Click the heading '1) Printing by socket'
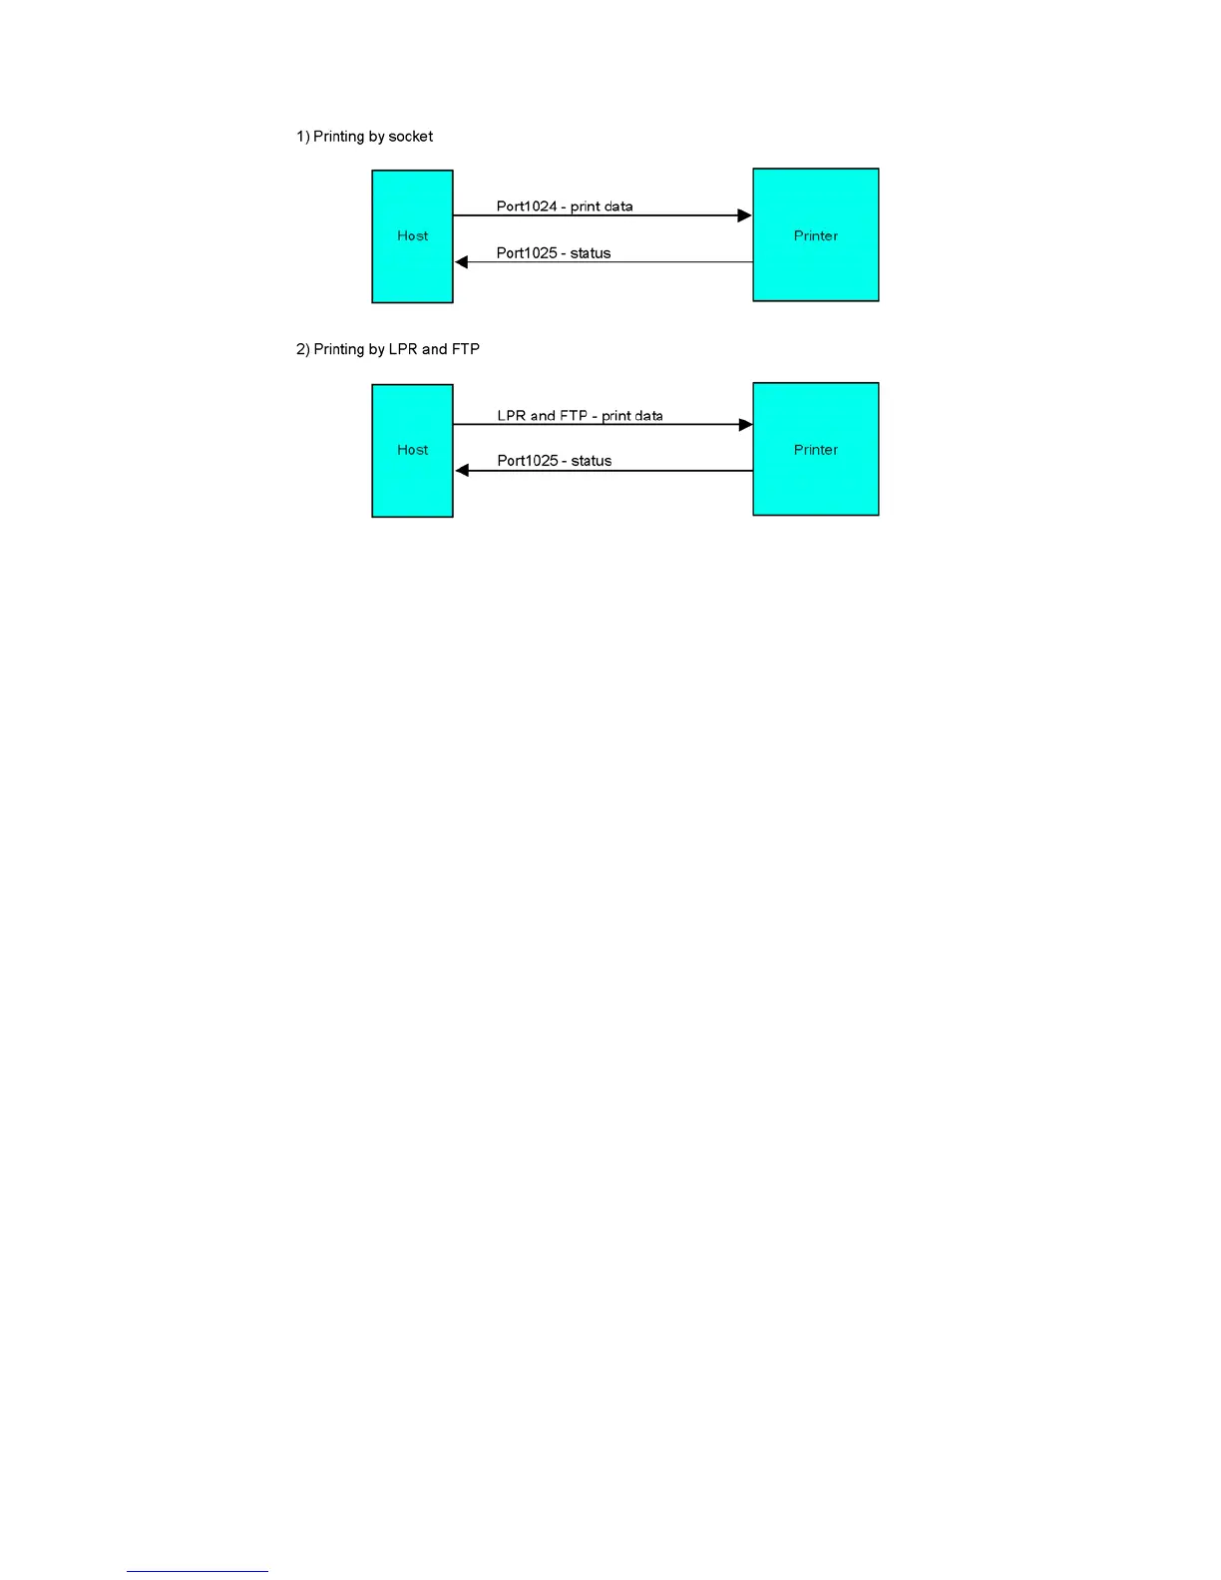tap(364, 137)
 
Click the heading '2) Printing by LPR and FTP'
tap(387, 349)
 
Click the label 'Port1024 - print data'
tap(565, 206)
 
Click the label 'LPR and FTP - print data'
tap(580, 416)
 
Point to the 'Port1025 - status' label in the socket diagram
tap(554, 253)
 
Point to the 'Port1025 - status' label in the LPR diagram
tap(555, 461)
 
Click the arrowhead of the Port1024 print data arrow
tap(744, 215)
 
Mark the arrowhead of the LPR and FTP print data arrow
tap(745, 425)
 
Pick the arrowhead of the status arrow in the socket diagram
tap(462, 262)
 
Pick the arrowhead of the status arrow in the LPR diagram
tap(462, 471)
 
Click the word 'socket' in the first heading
tap(410, 137)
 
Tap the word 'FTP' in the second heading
tap(466, 349)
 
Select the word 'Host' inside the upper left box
tap(412, 236)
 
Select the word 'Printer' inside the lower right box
tap(815, 450)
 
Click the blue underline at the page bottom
tap(197, 1571)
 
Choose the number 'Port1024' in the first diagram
tap(527, 206)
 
